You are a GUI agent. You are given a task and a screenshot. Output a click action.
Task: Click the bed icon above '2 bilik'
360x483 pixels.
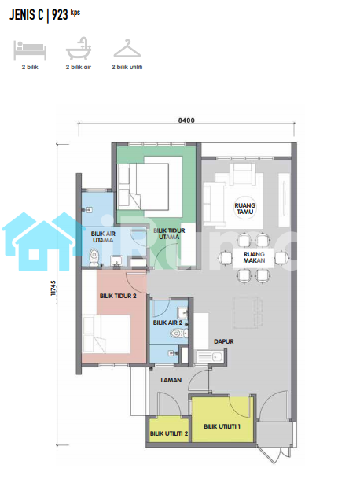tap(30, 50)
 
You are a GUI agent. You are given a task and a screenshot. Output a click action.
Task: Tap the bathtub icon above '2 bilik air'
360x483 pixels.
tap(79, 48)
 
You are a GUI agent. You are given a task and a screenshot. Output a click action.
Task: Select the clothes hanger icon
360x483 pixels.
tap(127, 49)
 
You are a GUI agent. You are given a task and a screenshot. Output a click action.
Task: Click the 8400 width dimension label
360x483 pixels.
tap(186, 120)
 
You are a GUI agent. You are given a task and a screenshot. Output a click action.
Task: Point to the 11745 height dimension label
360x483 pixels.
tap(53, 288)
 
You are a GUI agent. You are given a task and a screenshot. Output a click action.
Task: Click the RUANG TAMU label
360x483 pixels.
tap(245, 208)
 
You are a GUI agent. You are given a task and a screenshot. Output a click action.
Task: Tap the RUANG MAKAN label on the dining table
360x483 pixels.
tap(254, 257)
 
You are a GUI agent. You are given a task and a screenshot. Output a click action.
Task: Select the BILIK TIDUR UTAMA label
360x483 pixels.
tap(169, 234)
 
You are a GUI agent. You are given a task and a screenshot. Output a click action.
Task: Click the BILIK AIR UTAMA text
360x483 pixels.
tap(103, 237)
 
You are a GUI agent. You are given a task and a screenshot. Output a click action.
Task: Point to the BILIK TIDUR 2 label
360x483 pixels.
tap(118, 296)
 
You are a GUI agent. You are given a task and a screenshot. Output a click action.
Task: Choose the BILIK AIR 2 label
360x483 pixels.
tap(167, 323)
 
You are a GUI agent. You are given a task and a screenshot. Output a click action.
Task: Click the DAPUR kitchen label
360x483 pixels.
tap(224, 341)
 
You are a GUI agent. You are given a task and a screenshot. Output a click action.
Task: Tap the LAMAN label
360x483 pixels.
tap(171, 380)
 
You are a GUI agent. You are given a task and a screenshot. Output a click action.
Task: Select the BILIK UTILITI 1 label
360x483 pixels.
tap(222, 426)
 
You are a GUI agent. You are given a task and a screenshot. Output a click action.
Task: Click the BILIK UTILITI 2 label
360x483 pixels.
tap(169, 433)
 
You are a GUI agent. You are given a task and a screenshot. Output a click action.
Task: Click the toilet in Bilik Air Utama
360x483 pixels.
tap(94, 257)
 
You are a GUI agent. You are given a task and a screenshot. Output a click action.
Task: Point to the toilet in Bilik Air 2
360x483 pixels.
tap(178, 333)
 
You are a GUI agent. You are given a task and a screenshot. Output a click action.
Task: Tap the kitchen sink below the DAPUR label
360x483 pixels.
tap(210, 357)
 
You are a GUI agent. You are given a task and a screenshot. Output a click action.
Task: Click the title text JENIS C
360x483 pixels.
tap(27, 15)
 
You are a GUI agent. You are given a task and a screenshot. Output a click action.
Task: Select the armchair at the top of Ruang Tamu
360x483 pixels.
tap(244, 174)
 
